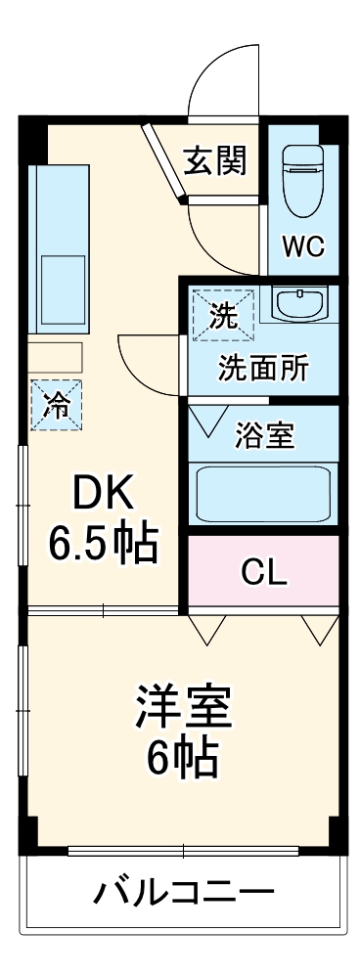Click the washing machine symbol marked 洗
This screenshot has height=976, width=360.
(224, 315)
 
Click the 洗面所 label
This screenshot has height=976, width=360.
(262, 369)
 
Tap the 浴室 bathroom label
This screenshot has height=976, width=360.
(264, 434)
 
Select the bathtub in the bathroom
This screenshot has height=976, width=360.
(262, 494)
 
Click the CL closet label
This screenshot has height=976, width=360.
(264, 573)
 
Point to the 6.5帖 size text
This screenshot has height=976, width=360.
(103, 545)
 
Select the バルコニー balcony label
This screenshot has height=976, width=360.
(184, 892)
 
